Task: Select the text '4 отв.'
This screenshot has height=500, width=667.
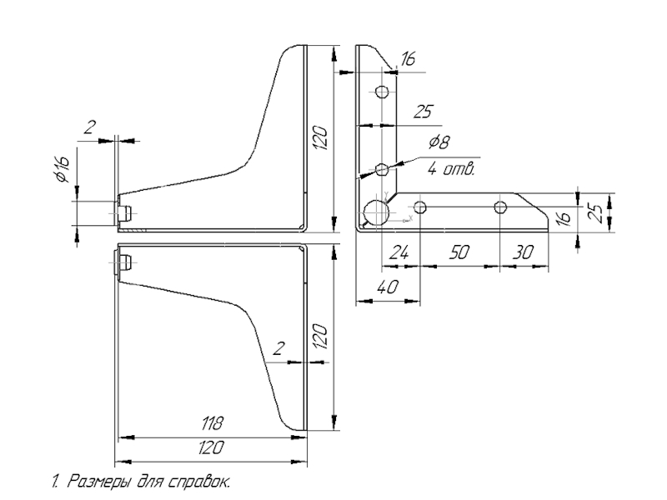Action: pos(451,170)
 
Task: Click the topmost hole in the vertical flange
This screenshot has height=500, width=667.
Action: pos(382,91)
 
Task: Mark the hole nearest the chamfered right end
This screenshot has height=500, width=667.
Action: pos(500,207)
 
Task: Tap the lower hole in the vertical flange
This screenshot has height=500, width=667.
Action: pos(382,170)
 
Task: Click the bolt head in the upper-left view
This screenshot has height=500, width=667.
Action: pos(124,212)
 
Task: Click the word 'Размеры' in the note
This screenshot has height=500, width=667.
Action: pos(98,481)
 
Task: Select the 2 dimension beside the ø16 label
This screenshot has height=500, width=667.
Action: pos(90,127)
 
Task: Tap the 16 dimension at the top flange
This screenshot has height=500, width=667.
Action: pos(408,58)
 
